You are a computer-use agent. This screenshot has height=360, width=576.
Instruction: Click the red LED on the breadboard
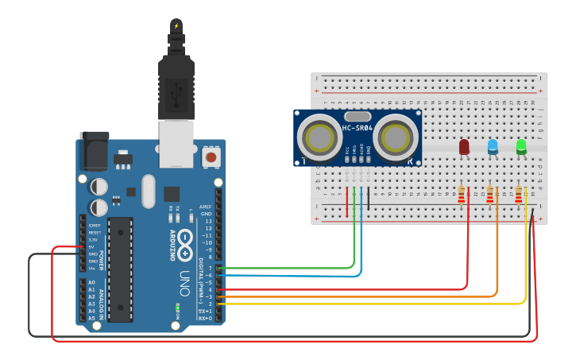point(464,147)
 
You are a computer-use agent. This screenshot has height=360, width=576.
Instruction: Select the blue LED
point(493,146)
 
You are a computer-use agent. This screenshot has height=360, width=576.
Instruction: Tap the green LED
point(521,146)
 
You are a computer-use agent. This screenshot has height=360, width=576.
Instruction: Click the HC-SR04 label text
point(358,128)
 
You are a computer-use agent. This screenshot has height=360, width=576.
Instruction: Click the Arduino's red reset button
point(211,157)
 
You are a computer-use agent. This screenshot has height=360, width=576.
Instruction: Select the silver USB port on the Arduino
point(176,143)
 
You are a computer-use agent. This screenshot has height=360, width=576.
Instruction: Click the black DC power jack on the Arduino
point(93,150)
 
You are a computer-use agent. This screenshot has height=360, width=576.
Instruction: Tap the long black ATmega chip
point(120,269)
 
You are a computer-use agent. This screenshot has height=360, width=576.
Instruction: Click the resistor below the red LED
point(462,195)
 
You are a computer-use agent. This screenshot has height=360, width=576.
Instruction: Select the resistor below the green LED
point(520,195)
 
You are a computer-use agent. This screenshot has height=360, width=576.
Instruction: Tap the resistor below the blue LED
point(490,195)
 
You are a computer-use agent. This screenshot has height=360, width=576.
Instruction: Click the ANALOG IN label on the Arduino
point(101,300)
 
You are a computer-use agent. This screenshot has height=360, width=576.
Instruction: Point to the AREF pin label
point(206,207)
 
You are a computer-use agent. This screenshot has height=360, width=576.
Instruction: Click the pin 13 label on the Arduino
point(207,221)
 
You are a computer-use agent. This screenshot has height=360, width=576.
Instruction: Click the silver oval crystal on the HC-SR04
point(358,116)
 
